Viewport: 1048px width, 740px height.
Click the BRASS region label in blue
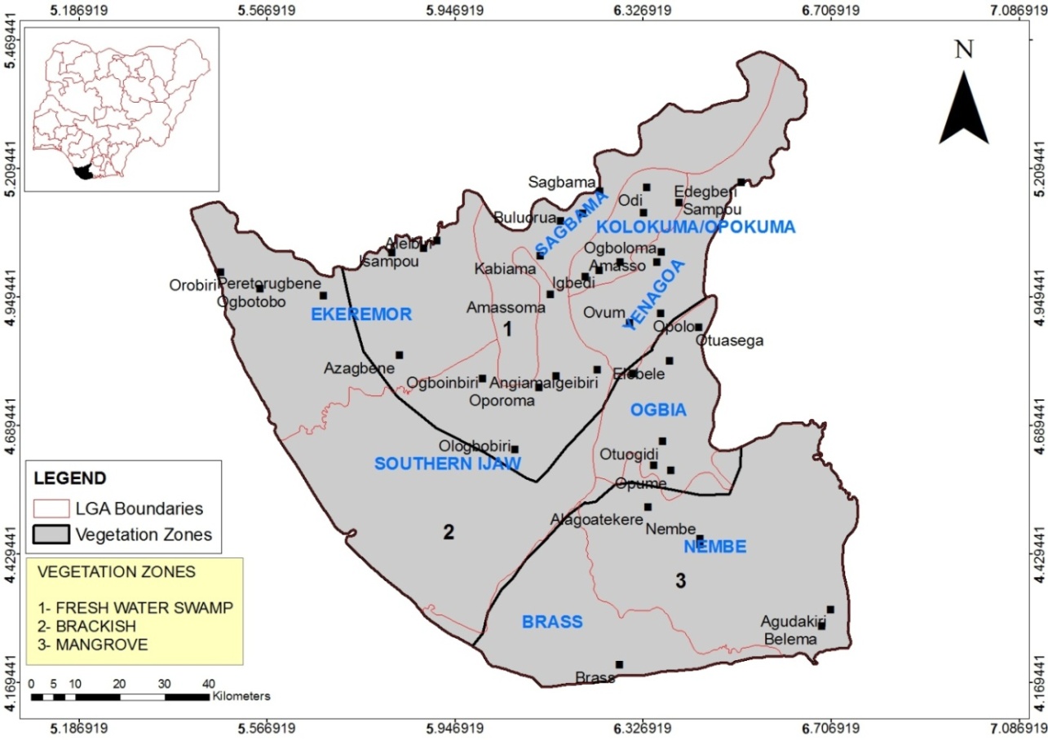click(x=552, y=622)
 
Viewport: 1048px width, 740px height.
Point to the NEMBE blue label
click(x=714, y=547)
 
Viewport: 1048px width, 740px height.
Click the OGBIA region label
click(x=658, y=411)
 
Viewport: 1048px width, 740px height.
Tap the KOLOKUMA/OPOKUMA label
click(x=695, y=227)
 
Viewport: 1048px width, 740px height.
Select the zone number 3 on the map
click(x=680, y=580)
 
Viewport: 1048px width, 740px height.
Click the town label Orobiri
click(x=192, y=285)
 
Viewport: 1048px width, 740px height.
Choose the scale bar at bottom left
click(x=119, y=697)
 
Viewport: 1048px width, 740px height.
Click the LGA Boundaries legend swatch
click(x=51, y=509)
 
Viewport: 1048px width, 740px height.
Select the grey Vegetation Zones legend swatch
click(x=51, y=535)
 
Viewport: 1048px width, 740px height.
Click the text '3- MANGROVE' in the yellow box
click(x=92, y=644)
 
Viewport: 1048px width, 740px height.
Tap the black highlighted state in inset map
click(x=82, y=172)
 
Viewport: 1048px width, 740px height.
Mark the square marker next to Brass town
click(x=619, y=665)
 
